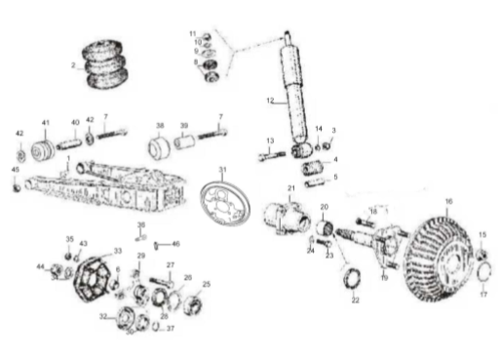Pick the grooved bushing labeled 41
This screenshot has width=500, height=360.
click(x=42, y=152)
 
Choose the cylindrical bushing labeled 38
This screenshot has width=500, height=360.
click(x=160, y=148)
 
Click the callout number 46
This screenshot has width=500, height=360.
click(x=176, y=243)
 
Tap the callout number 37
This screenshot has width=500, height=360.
click(x=171, y=329)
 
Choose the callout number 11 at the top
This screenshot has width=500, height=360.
click(x=192, y=34)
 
